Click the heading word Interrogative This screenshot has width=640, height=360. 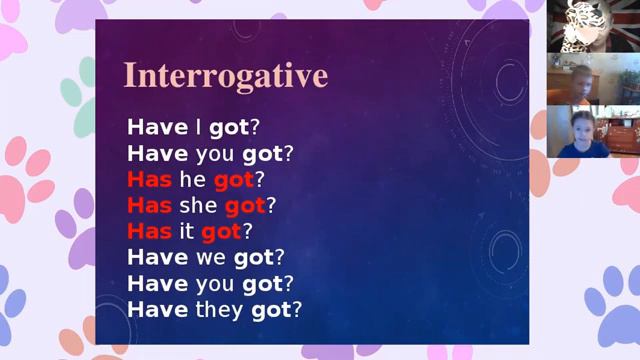[x=225, y=75]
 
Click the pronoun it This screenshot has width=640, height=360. [x=187, y=232]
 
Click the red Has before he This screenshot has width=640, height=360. [x=149, y=180]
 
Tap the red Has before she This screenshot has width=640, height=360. [x=149, y=206]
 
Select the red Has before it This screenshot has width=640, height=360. [x=149, y=232]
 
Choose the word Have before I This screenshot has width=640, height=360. [x=157, y=128]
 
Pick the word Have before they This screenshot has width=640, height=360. [x=157, y=310]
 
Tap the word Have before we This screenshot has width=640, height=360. [x=157, y=258]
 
